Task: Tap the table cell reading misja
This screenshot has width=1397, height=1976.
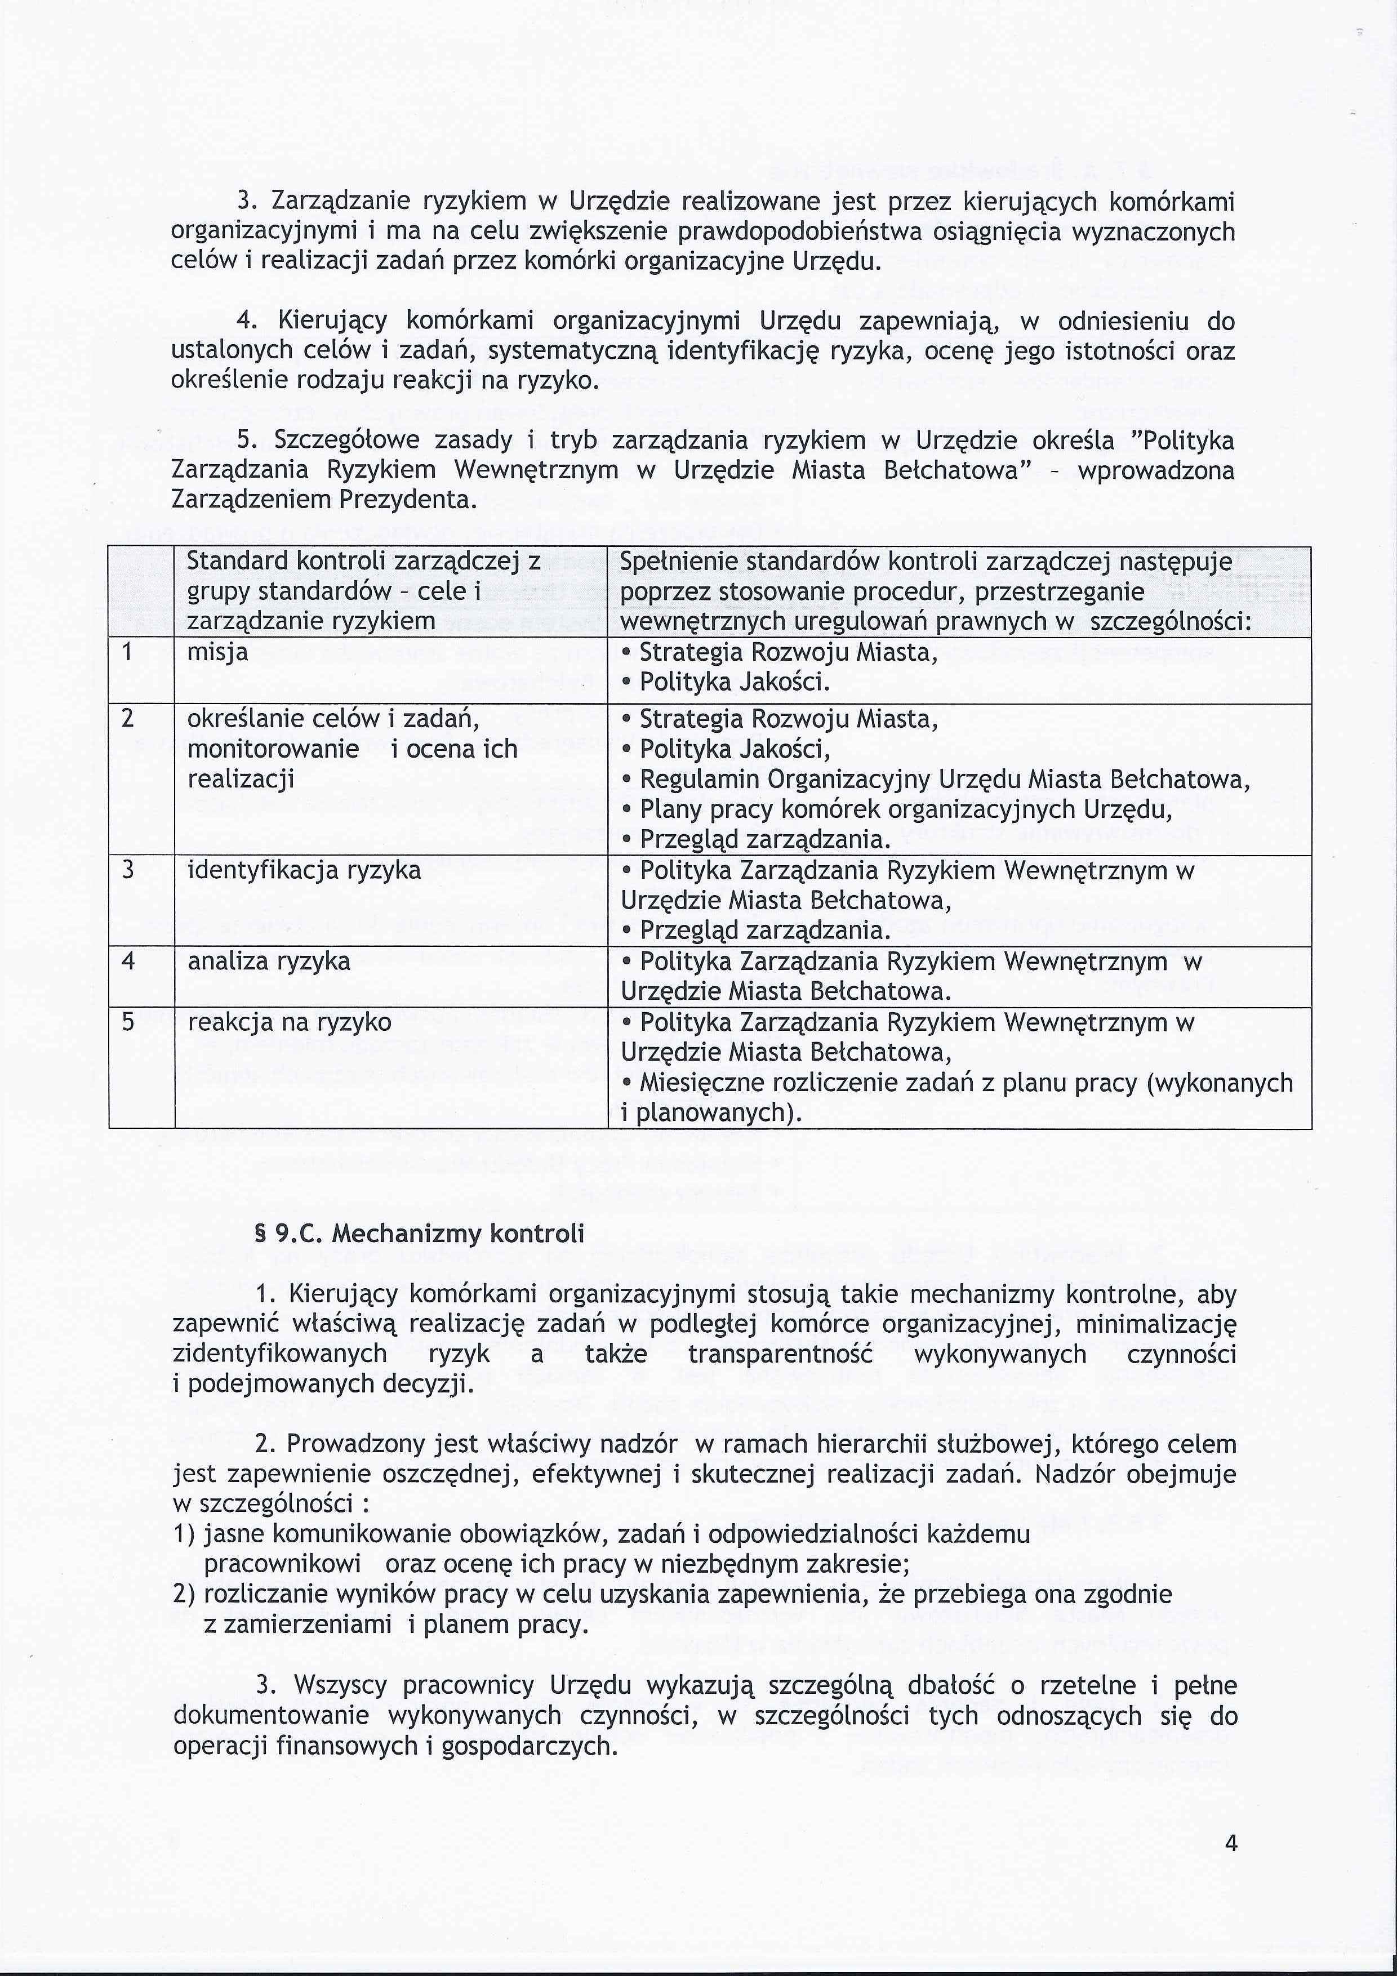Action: coord(218,652)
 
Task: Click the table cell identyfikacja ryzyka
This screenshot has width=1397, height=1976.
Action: coord(304,870)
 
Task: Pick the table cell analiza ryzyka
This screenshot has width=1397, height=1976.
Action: coord(269,960)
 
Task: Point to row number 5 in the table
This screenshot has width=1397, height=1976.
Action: coord(128,1022)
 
